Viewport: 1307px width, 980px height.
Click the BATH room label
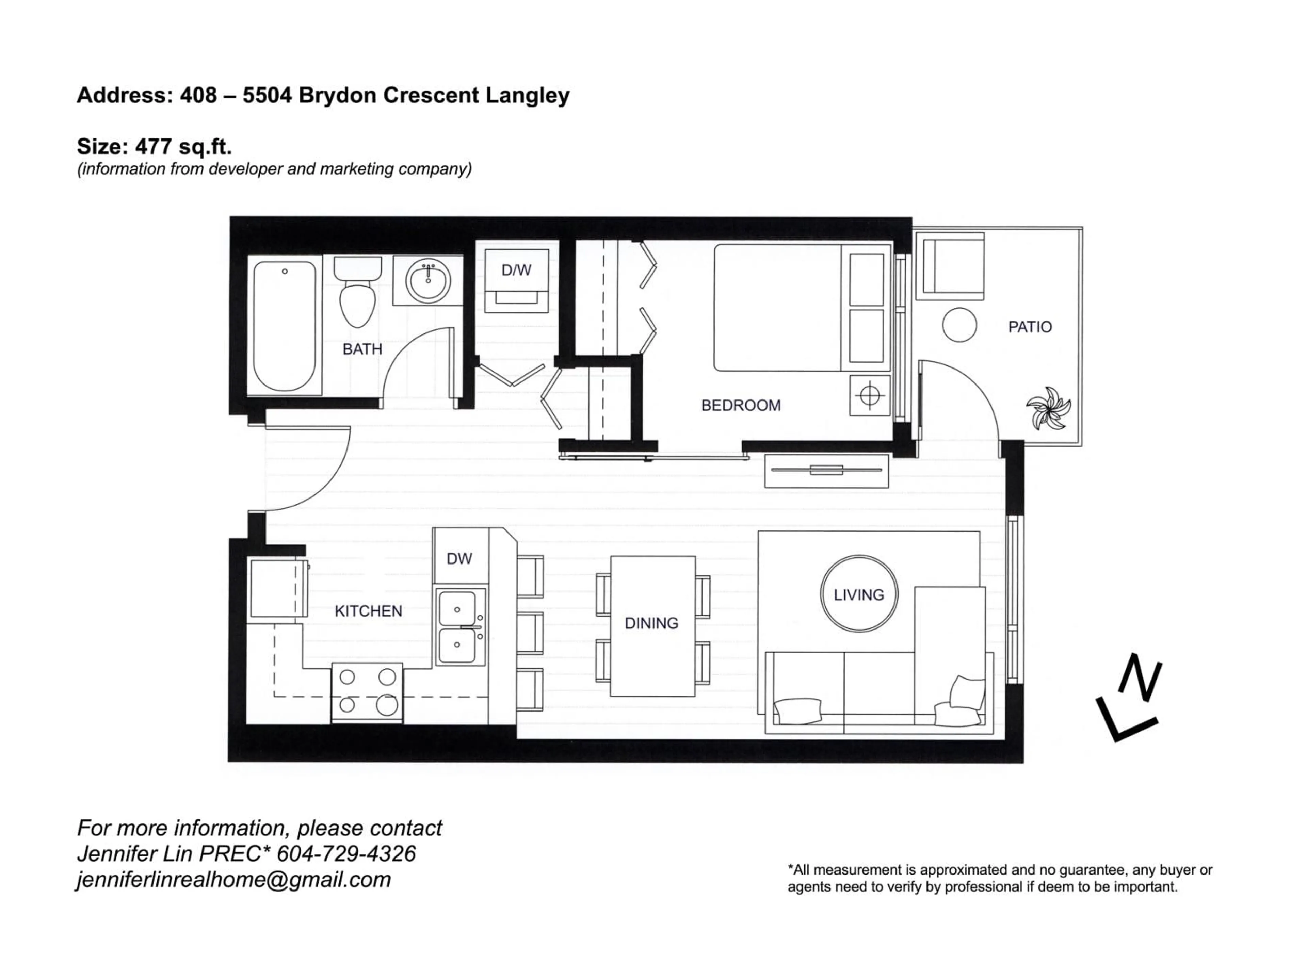(362, 349)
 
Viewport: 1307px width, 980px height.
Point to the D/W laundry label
(516, 271)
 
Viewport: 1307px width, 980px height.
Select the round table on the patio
(959, 325)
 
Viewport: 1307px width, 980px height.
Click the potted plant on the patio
(1049, 408)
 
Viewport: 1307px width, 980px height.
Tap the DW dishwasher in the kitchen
(460, 558)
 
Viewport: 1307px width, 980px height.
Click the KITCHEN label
(368, 611)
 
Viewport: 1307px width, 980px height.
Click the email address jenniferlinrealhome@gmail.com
(234, 880)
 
